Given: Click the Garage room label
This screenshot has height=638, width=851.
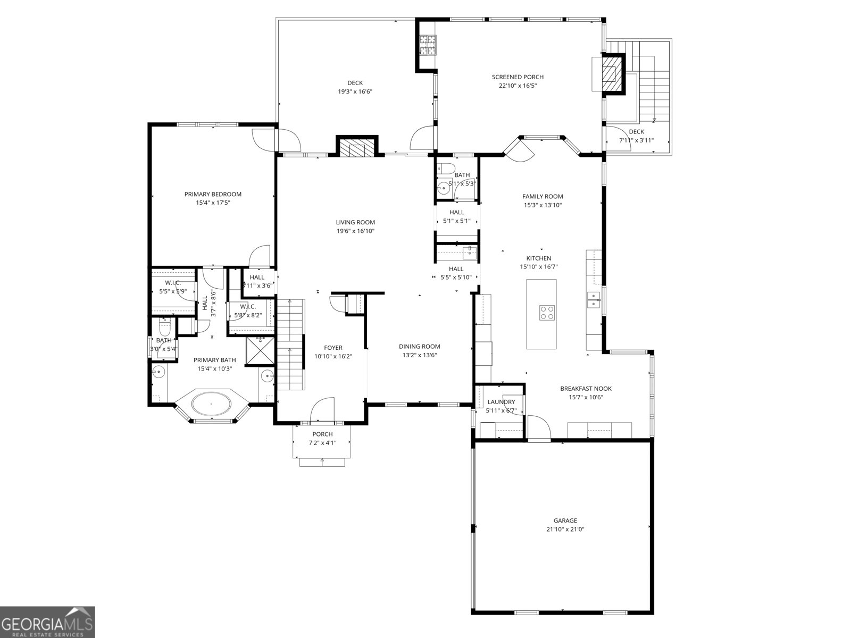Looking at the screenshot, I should coord(565,521).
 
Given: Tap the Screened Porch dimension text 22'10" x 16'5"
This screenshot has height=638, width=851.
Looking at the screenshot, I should coord(518,86).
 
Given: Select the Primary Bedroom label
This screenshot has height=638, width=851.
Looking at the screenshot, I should coord(213,194).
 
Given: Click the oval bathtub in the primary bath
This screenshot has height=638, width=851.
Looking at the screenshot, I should coord(212,404).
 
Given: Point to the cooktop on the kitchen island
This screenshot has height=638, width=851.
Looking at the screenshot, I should coord(547,312).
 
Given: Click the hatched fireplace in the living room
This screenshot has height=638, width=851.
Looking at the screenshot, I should coord(356,149).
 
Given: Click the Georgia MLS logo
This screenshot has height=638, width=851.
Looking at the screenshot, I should coord(47,622).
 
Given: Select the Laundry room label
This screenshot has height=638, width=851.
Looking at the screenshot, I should coord(501,402).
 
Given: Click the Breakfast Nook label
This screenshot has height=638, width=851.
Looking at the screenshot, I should coord(586,389).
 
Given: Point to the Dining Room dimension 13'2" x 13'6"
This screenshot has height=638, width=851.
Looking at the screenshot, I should coord(419,355).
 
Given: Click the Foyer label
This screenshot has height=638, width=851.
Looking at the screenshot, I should coord(333,348).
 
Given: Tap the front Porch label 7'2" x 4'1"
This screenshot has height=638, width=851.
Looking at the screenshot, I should coord(322,442).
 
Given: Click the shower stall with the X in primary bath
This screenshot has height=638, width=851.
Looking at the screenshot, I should coord(260,351).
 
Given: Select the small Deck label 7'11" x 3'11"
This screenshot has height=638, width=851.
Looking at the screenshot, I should coord(636,140).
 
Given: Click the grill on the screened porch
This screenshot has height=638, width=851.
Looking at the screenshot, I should coord(427,45).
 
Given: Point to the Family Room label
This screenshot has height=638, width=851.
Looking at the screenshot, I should coord(543,196).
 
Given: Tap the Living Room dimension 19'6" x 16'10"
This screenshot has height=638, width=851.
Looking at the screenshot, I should coord(355,231).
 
